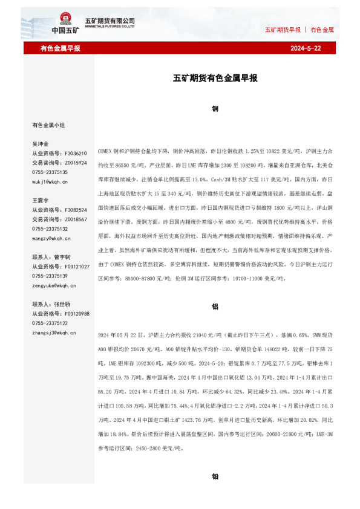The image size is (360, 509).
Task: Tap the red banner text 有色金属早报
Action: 60,48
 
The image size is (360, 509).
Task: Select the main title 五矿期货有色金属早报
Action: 215,78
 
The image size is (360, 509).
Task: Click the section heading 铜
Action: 215,109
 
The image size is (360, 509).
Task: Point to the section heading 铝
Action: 215,306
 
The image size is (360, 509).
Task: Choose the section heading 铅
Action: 215,476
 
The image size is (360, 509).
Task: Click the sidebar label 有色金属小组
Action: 48,125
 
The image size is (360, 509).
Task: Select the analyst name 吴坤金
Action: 41,144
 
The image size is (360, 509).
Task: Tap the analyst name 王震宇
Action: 41,200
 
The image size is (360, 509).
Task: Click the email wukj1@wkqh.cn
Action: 50,181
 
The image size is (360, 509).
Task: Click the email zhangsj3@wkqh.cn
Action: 53,332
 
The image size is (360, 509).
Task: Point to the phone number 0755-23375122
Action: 50,323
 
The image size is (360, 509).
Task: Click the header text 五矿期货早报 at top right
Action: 283,30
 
